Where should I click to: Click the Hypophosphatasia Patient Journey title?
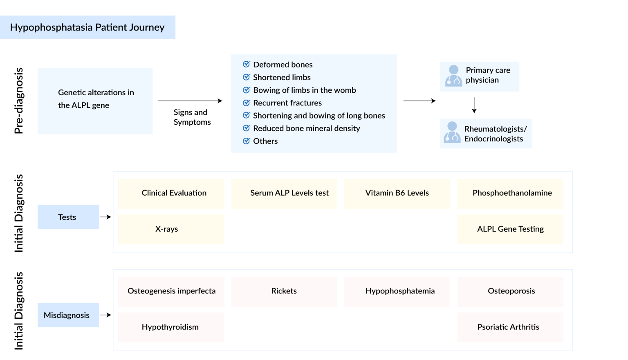pyautogui.click(x=87, y=27)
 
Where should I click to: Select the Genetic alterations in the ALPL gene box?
pyautogui.click(x=95, y=101)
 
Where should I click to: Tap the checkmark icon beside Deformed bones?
pyautogui.click(x=246, y=64)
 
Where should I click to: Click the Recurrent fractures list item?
pyautogui.click(x=287, y=103)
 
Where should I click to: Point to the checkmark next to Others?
pyautogui.click(x=246, y=141)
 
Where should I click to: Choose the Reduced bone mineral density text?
pyautogui.click(x=306, y=128)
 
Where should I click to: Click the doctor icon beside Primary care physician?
pyautogui.click(x=453, y=76)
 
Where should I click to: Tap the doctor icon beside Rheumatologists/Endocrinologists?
pyautogui.click(x=452, y=132)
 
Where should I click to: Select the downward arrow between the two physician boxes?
pyautogui.click(x=474, y=105)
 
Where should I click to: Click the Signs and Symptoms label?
pyautogui.click(x=192, y=117)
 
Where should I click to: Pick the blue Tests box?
pyautogui.click(x=68, y=217)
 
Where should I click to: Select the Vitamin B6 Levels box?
pyautogui.click(x=397, y=193)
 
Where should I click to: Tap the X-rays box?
pyautogui.click(x=171, y=229)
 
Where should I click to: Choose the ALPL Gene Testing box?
pyautogui.click(x=510, y=229)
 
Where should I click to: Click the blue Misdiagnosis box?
pyautogui.click(x=68, y=315)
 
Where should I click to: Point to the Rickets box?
pyautogui.click(x=284, y=291)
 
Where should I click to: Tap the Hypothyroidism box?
pyautogui.click(x=171, y=327)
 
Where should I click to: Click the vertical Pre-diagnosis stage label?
pyautogui.click(x=19, y=101)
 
